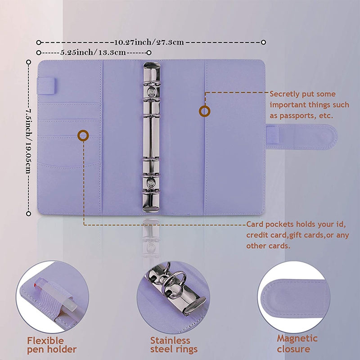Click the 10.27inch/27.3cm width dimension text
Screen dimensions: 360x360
pos(149,42)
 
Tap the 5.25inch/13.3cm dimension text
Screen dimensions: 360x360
pos(93,53)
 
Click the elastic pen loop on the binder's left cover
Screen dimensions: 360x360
pos(46,86)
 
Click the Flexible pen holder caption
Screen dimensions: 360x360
pos(52,345)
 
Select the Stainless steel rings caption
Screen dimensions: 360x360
pos(174,345)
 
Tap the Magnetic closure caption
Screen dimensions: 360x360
pos(297,343)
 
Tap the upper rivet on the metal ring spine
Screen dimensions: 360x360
pos(151,92)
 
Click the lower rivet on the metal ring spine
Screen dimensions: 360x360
pos(151,183)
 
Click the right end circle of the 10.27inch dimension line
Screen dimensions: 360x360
pos(264,42)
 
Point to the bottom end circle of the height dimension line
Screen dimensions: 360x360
pos(28,214)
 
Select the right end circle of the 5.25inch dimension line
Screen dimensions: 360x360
pos(149,53)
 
